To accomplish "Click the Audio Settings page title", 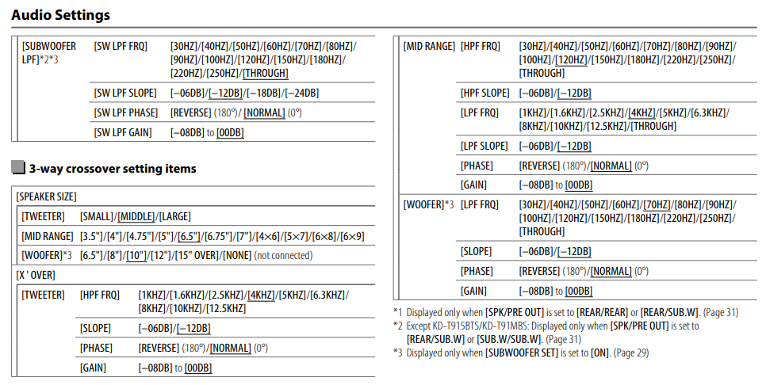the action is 61,15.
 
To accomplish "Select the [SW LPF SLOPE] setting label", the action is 125,93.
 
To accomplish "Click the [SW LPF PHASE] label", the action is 126,112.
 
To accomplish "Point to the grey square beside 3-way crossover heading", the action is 18,168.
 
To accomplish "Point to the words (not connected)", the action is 282,255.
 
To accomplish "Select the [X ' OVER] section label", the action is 36,275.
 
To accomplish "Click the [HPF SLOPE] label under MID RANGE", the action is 484,93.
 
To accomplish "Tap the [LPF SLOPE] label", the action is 484,146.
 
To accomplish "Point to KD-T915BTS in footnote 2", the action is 460,326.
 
